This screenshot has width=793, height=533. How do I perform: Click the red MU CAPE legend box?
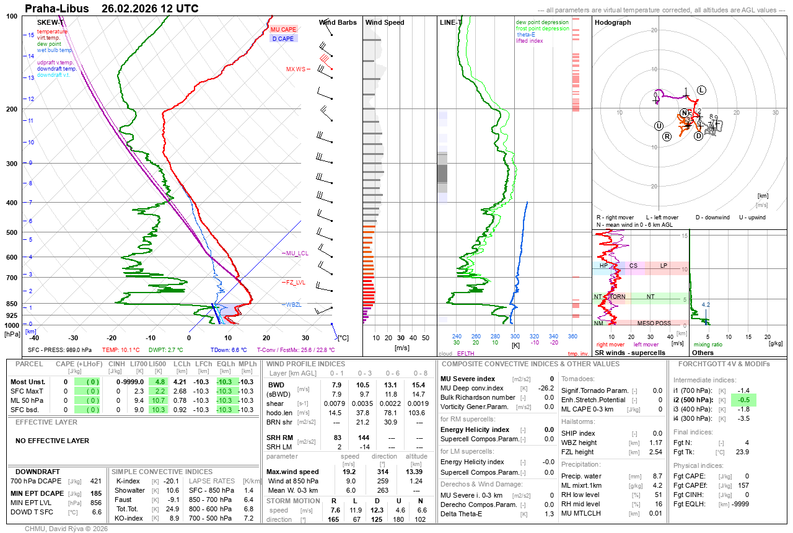pyautogui.click(x=284, y=29)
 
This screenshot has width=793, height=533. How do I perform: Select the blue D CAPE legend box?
pyautogui.click(x=284, y=38)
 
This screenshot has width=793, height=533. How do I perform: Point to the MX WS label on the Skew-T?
pyautogui.click(x=296, y=69)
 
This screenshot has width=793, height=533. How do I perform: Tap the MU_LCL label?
pyautogui.click(x=296, y=253)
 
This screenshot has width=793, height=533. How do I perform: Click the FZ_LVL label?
pyautogui.click(x=296, y=282)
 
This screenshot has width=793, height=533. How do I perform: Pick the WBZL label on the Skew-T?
pyautogui.click(x=294, y=304)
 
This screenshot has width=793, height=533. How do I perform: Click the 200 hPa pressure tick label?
pyautogui.click(x=12, y=109)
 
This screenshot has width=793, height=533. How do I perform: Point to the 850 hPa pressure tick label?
pyautogui.click(x=12, y=304)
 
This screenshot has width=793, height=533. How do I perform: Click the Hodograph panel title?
pyautogui.click(x=613, y=22)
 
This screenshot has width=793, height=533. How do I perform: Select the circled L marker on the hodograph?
pyautogui.click(x=701, y=90)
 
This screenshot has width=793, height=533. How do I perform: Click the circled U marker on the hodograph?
pyautogui.click(x=659, y=126)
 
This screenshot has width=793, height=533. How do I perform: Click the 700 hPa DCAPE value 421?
pyautogui.click(x=95, y=481)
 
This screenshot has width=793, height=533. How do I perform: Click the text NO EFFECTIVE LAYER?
pyautogui.click(x=52, y=441)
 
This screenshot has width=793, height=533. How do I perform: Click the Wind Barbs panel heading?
pyautogui.click(x=338, y=22)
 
